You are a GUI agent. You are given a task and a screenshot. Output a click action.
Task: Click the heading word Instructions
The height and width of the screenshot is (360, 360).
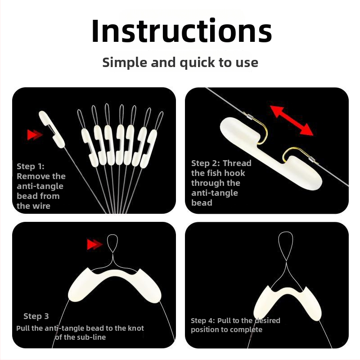[x=181, y=31]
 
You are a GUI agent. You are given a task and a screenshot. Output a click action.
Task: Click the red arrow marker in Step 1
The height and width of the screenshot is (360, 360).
[x=35, y=135]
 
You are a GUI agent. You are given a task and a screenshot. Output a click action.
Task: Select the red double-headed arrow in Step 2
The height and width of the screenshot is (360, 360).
[x=292, y=121]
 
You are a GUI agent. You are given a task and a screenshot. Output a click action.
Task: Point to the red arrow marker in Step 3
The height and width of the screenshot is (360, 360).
[x=94, y=244]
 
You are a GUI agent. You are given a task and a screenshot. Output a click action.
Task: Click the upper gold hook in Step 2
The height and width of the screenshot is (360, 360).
[x=260, y=128]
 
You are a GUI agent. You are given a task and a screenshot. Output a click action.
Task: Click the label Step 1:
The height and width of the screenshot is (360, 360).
[x=31, y=166]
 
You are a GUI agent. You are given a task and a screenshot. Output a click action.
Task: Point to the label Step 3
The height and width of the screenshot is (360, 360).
[x=36, y=316]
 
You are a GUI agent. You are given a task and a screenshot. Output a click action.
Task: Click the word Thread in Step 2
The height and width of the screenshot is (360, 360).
[x=237, y=163]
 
